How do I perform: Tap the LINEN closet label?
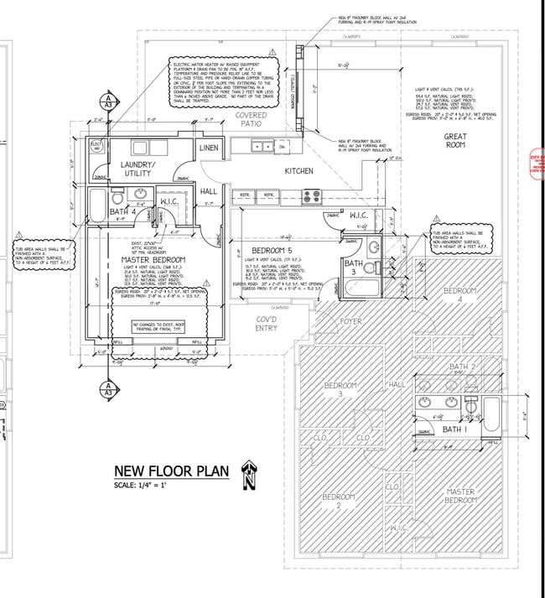[x=209, y=148]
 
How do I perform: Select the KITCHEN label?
[x=298, y=171]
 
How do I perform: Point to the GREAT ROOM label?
[x=455, y=140]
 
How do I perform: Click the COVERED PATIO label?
[x=251, y=119]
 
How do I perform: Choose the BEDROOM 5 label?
[x=272, y=250]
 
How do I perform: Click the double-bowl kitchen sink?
[x=262, y=147]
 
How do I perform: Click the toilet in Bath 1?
[x=470, y=405]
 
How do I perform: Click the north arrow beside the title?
[x=248, y=476]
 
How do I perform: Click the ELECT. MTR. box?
[x=96, y=145]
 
